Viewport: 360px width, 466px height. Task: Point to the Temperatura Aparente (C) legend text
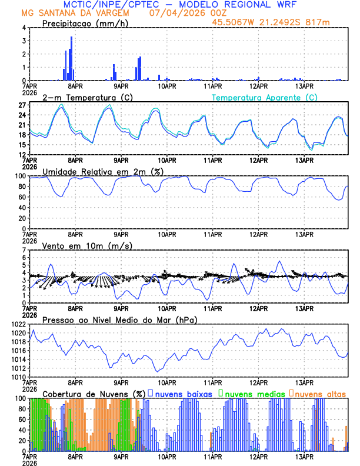pos(265,97)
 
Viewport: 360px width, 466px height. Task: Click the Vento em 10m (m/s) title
pos(86,245)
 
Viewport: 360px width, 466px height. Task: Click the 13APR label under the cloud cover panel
pos(304,457)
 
